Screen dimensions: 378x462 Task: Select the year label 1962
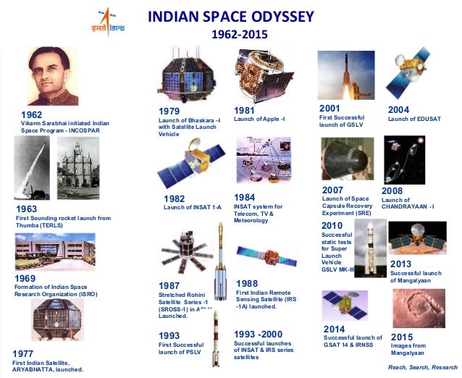click(33, 115)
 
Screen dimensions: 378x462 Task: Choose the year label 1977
click(24, 353)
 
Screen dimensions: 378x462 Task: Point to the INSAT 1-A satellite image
click(185, 166)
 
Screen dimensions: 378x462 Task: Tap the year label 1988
click(248, 283)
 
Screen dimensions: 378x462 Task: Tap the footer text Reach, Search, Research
click(423, 367)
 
